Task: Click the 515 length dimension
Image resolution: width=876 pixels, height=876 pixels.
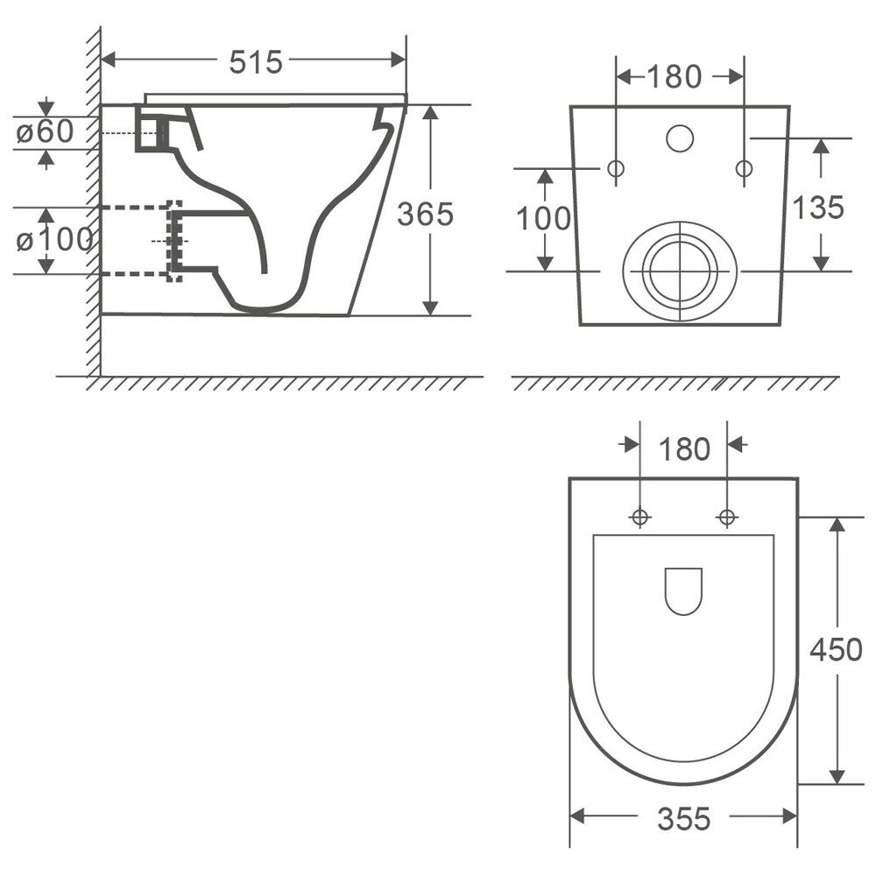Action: click(x=256, y=61)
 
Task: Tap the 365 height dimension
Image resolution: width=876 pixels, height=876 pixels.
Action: click(x=425, y=214)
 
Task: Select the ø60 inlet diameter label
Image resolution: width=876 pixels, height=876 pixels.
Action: click(x=45, y=132)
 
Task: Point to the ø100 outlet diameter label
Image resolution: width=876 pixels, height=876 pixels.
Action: click(x=54, y=240)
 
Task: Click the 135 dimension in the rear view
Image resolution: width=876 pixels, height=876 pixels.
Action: click(x=818, y=208)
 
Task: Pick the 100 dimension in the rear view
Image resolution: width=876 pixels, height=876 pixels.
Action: click(x=543, y=218)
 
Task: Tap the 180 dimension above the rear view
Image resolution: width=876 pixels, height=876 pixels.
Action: click(x=674, y=76)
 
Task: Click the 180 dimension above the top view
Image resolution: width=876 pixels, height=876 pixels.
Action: click(x=684, y=449)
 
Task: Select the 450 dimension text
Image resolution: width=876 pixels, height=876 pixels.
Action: click(x=836, y=649)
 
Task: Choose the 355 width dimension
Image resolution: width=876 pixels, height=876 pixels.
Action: click(x=684, y=819)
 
